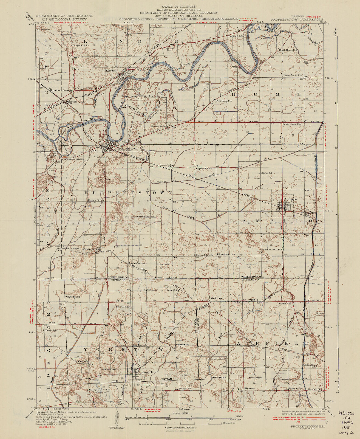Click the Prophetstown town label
coord(127,148)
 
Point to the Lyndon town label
coord(111,71)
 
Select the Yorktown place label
coord(216,298)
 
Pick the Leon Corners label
coord(138,263)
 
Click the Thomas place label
coord(250,389)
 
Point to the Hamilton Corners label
coord(61,90)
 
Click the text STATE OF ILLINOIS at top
coord(178,6)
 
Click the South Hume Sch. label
coord(292,124)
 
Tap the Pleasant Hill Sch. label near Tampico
coord(272,249)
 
